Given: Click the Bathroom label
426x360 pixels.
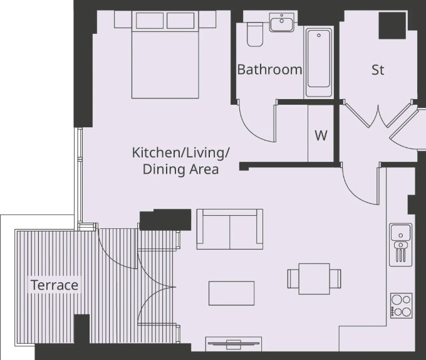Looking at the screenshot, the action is (x=269, y=70).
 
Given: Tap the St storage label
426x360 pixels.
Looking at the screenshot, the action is (x=378, y=70).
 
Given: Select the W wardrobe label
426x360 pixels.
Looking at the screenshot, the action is (x=321, y=135).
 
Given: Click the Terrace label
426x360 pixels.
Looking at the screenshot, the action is (x=55, y=285).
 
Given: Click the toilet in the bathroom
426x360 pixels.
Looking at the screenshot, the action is (x=255, y=34).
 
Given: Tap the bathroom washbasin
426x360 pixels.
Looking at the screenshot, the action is (x=282, y=22).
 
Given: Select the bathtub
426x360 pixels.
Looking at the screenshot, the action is (x=319, y=63).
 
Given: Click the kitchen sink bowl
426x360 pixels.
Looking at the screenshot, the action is (x=400, y=233).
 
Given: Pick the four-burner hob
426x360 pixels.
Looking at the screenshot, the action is (x=402, y=305).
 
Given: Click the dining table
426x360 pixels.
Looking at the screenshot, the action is (x=314, y=278).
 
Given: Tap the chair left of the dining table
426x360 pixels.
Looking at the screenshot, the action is (x=293, y=278).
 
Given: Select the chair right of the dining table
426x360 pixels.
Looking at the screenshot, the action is (x=335, y=278).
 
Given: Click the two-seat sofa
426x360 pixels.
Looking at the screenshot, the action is (x=229, y=229).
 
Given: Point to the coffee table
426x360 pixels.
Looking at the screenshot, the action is (x=231, y=293).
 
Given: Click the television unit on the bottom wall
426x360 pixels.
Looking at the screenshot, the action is (x=234, y=344).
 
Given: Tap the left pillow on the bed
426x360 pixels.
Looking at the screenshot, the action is (x=150, y=21).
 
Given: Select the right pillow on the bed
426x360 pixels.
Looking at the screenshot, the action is (x=180, y=21).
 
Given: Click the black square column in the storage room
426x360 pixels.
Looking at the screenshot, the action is (x=392, y=25).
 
